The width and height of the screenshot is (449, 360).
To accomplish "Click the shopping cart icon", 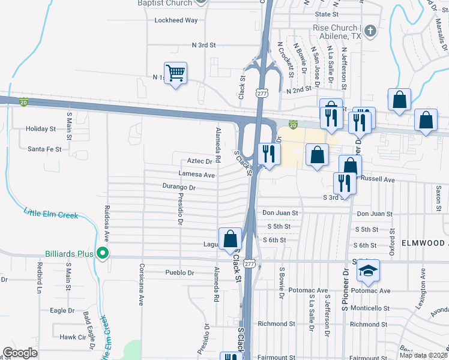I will click(176, 74).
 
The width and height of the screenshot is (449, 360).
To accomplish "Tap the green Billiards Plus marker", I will click(103, 254).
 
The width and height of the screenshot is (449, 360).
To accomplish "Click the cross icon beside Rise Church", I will click(370, 31).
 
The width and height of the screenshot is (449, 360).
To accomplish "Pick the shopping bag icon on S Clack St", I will click(230, 239).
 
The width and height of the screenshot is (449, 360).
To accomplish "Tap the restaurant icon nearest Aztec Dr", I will click(268, 154).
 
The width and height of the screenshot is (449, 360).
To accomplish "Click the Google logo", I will click(20, 353).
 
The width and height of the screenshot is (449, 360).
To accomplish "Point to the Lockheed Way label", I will click(176, 20).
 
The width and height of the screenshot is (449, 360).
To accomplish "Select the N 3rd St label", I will click(203, 45).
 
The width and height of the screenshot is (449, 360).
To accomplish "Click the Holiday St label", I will click(41, 128).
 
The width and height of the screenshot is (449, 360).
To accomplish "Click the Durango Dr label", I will click(179, 187).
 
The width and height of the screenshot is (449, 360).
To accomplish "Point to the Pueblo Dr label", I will click(179, 272).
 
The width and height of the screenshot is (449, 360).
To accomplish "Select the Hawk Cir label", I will click(72, 337).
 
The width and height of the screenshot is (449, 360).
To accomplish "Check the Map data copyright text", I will click(423, 355).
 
